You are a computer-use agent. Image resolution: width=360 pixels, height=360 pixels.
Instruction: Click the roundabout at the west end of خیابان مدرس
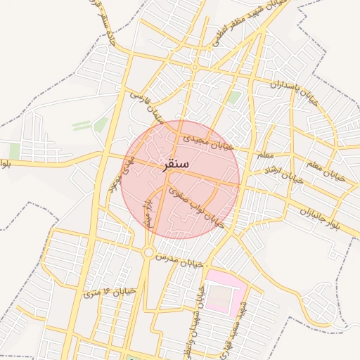(149, 251)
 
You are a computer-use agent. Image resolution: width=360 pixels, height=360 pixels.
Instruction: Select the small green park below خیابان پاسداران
(234, 97)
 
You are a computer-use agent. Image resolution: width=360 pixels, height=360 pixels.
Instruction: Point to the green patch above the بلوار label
(15, 150)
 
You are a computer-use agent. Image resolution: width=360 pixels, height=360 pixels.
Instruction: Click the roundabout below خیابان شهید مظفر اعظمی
(195, 67)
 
